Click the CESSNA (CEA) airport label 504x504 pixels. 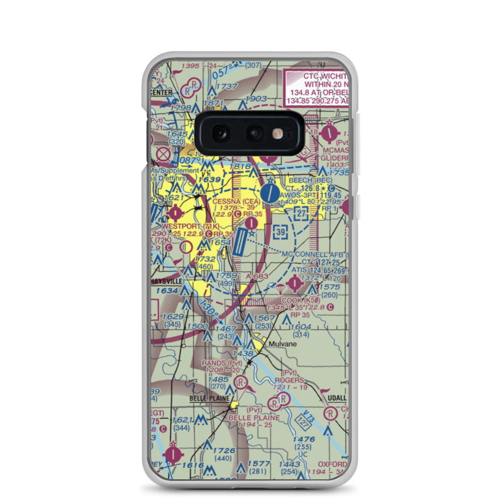coord(236,202)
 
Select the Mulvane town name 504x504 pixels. coord(282,344)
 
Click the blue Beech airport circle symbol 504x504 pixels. coord(270,192)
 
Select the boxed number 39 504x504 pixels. coord(280,231)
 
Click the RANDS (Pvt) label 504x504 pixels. coord(222,362)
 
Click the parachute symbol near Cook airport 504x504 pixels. coord(277,289)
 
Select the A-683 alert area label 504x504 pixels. coord(257,277)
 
